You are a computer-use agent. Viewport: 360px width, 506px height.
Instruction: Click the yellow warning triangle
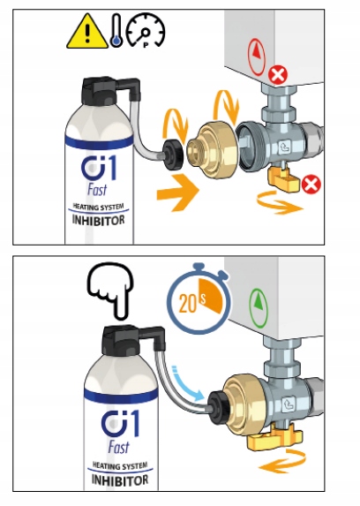coord(87,33)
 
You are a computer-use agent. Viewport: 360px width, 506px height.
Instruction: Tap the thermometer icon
coord(116,31)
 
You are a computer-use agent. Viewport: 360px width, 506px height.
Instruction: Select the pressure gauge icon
coord(146,31)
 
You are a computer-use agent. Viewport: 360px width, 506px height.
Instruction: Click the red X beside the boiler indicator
coord(278,76)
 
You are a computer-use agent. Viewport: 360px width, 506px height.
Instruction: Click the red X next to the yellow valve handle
coord(311,185)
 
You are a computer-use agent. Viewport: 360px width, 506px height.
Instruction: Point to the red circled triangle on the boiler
coord(257,57)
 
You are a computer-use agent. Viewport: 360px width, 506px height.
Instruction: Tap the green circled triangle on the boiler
coord(259,308)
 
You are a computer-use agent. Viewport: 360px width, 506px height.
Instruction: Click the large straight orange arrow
coord(177,193)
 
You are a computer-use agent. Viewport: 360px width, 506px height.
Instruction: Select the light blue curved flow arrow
coord(188,384)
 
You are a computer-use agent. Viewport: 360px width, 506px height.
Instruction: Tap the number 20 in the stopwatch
coord(188,304)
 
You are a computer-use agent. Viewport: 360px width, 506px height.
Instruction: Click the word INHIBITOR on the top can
coord(99,220)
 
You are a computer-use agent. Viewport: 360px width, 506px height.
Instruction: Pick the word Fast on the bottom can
coord(119,448)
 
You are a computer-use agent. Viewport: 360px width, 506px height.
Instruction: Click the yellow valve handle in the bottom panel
coord(274,436)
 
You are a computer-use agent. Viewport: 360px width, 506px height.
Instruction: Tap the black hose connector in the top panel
coord(172,155)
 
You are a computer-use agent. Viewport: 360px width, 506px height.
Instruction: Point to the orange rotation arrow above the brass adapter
coord(226,107)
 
